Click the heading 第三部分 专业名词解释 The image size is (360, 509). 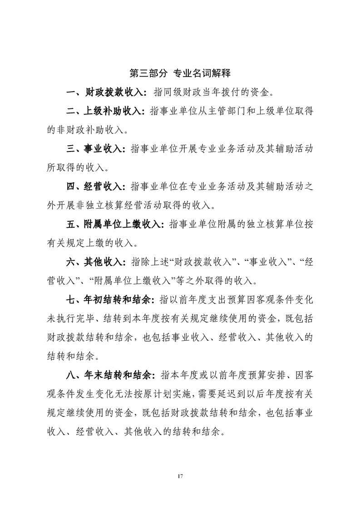tap(180, 73)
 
